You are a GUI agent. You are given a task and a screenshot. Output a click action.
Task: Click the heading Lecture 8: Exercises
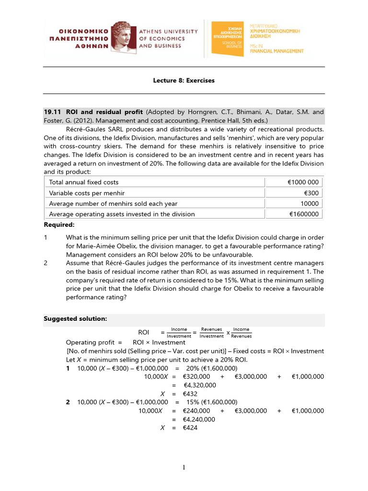184,81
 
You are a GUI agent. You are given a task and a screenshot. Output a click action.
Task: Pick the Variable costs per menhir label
87,193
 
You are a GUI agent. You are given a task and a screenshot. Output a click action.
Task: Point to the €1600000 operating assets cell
304,214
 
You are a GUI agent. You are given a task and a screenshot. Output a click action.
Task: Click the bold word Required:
59,224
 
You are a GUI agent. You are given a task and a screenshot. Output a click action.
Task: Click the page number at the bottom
184,468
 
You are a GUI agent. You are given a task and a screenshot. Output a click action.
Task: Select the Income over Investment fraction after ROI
179,333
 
